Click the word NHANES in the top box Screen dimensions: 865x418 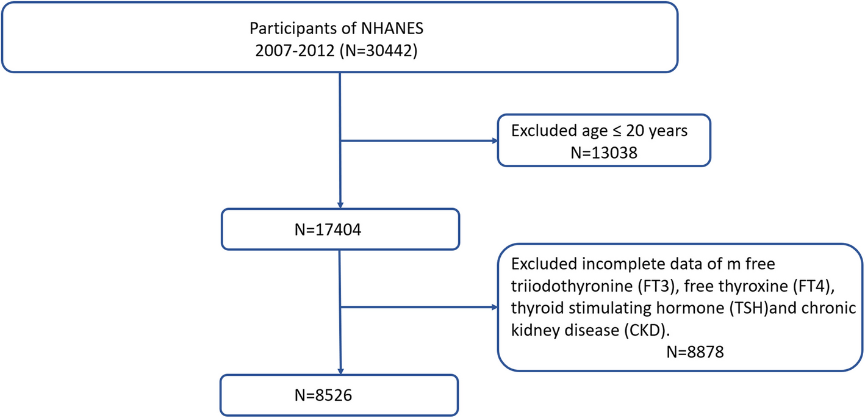pyautogui.click(x=392, y=28)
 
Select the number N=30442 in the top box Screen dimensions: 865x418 pyautogui.click(x=379, y=51)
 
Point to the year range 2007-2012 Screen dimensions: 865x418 pyautogui.click(x=295, y=51)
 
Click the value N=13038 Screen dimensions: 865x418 pyautogui.click(x=604, y=153)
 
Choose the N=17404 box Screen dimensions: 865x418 pyautogui.click(x=340, y=229)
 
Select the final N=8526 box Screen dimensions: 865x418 pyautogui.click(x=339, y=395)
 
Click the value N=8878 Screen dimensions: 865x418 pyautogui.click(x=695, y=352)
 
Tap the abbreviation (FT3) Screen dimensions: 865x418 pyautogui.click(x=656, y=286)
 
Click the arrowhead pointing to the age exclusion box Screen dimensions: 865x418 pyautogui.click(x=495, y=140)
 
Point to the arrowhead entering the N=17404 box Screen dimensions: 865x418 pyautogui.click(x=340, y=205)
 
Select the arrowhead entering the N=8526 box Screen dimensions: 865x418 pyautogui.click(x=340, y=371)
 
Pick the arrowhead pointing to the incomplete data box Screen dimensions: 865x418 pyautogui.click(x=495, y=308)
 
